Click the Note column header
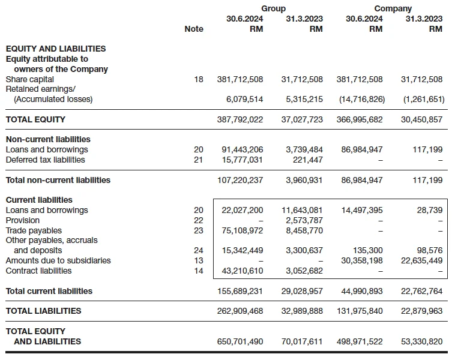click(194, 29)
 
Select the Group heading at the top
click(273, 8)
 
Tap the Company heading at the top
click(393, 8)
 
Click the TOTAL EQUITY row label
click(35, 119)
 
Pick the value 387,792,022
click(240, 119)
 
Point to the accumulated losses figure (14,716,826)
click(362, 99)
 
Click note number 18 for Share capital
click(198, 79)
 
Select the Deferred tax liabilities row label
click(45, 160)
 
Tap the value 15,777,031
click(242, 160)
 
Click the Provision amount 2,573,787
click(304, 220)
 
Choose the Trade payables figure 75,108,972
click(242, 230)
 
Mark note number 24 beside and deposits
click(198, 250)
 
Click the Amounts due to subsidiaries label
click(58, 260)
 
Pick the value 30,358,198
click(362, 260)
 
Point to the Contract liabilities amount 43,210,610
click(242, 271)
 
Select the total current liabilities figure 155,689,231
click(240, 291)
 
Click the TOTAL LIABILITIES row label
click(43, 311)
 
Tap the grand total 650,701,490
click(240, 341)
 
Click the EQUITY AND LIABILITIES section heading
click(56, 49)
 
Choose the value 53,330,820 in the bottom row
click(421, 341)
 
